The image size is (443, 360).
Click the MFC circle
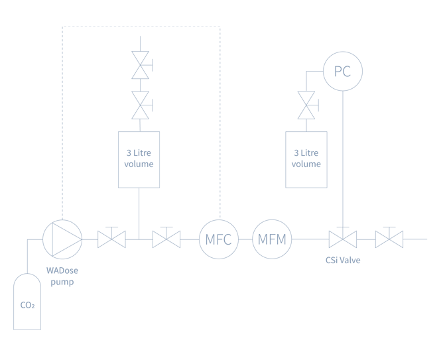pos(219,239)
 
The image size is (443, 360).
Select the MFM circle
pos(272,239)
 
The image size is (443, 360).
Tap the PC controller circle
pos(343,71)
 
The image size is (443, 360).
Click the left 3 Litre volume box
pos(139,160)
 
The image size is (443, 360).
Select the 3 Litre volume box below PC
pos(306,160)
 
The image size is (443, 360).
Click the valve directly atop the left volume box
pos(140,105)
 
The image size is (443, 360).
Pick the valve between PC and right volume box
pos(306,105)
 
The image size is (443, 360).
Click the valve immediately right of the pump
pos(111,239)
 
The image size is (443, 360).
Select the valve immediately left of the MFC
pos(166,239)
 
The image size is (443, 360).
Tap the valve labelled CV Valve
pos(342,239)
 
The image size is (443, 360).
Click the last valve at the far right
pos(389,239)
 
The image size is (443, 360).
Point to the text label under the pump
pos(62,276)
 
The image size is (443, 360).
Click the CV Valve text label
pos(343,261)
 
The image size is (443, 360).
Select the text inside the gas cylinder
pos(27,306)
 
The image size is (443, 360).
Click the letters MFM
pos(272,239)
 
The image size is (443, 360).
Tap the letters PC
pos(343,71)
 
